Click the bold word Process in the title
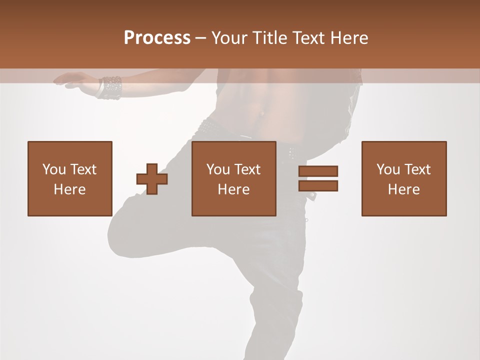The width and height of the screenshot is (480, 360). click(157, 38)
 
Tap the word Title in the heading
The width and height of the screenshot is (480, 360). click(270, 38)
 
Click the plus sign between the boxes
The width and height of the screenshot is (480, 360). click(152, 179)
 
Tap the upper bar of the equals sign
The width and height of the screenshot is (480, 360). click(318, 171)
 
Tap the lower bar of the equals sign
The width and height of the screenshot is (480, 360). click(318, 185)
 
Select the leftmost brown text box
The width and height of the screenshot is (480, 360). click(70, 178)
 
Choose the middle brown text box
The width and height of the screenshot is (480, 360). click(234, 178)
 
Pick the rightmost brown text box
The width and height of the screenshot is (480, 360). click(404, 178)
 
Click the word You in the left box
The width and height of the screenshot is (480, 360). click(54, 169)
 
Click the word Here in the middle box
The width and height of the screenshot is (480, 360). click(234, 189)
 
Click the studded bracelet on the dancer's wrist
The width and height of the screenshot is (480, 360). click(110, 87)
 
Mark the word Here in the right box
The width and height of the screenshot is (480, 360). click(404, 189)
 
